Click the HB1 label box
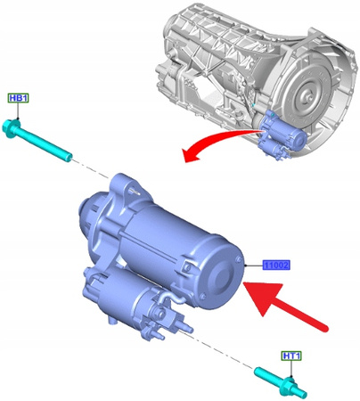pos(18,98)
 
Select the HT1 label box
pos(291,356)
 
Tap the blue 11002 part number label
pos(278,266)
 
